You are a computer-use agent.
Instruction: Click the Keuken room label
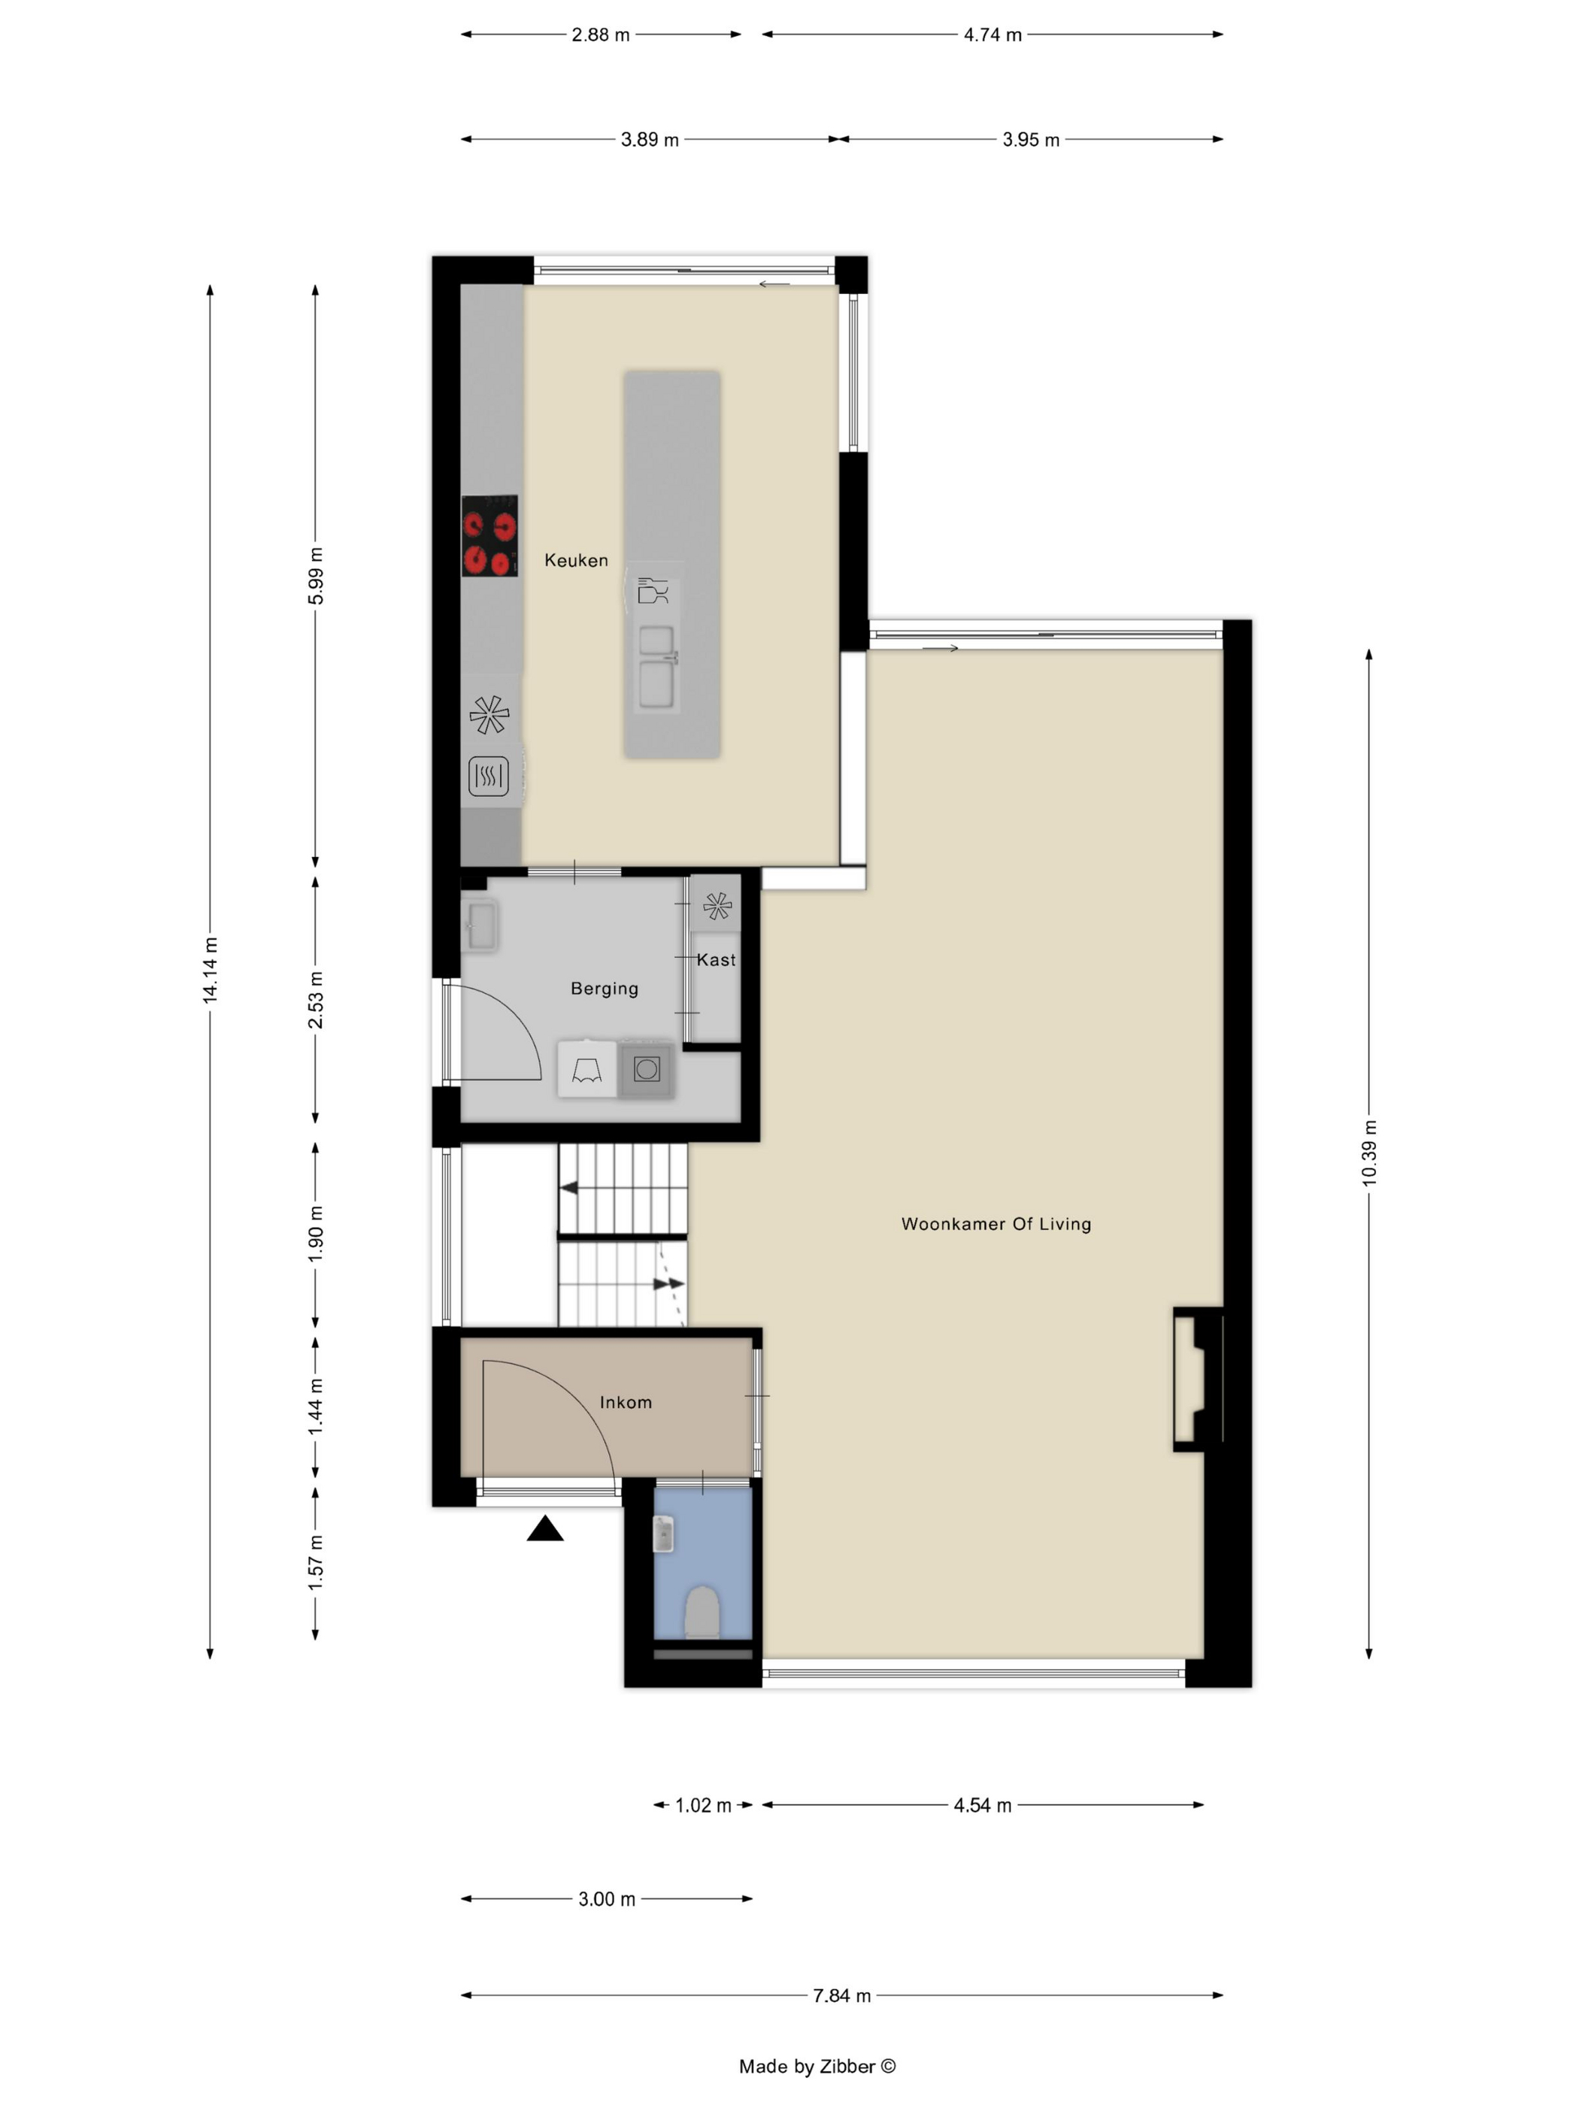(x=576, y=561)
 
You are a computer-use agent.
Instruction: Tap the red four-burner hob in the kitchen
(x=489, y=536)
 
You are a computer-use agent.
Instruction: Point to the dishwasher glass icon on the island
(x=653, y=590)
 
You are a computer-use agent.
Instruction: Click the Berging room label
(x=605, y=989)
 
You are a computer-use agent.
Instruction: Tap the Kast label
(x=716, y=960)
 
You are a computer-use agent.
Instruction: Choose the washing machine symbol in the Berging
(x=646, y=1070)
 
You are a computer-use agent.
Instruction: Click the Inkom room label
(x=626, y=1402)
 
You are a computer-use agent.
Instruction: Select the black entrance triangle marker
(x=545, y=1529)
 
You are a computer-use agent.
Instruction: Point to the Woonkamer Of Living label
(x=996, y=1224)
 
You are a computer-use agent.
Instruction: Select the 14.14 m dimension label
(x=211, y=970)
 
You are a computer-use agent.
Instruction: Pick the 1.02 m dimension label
(x=703, y=1805)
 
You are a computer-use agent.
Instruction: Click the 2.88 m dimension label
(x=601, y=35)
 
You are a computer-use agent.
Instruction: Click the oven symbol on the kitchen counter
(x=488, y=777)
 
